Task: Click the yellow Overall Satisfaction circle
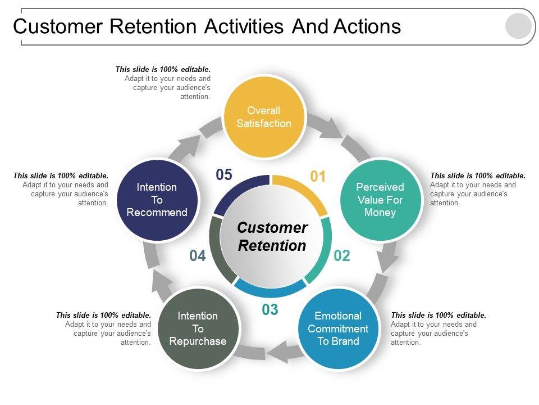click(264, 117)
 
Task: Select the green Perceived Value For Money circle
click(380, 200)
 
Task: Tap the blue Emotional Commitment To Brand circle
click(338, 328)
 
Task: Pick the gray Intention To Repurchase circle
click(198, 328)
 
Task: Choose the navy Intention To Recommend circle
click(157, 200)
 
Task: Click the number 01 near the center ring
click(318, 177)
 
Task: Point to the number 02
click(342, 256)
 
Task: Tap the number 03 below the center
click(270, 309)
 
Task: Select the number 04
click(198, 256)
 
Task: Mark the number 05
click(223, 175)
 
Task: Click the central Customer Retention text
click(272, 237)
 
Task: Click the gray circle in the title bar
click(518, 26)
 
